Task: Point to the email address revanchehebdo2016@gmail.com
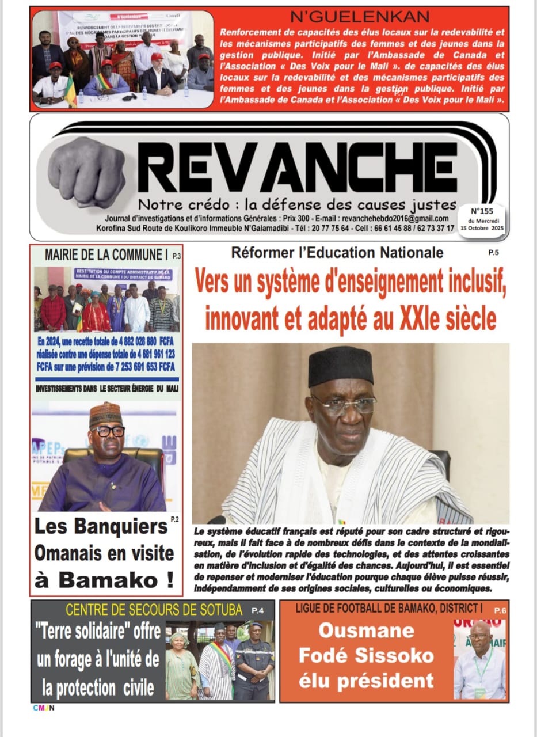[395, 219]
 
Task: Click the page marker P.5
[493, 252]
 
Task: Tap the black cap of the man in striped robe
[340, 366]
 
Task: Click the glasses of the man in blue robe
[108, 431]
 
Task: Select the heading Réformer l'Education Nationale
[337, 252]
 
